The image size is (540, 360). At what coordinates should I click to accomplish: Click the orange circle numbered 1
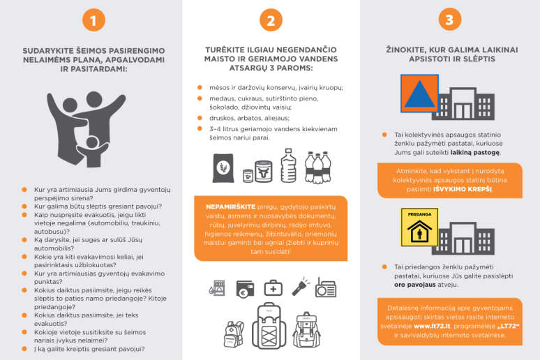pyautogui.click(x=93, y=20)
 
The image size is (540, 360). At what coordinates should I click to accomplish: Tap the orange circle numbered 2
pyautogui.click(x=271, y=20)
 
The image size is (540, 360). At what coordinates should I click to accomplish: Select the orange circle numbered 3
pyautogui.click(x=450, y=20)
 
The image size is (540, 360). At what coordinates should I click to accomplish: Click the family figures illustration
pyautogui.click(x=87, y=129)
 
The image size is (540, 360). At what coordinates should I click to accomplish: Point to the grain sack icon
pyautogui.click(x=223, y=168)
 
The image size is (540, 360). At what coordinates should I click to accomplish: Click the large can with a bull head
pyautogui.click(x=264, y=171)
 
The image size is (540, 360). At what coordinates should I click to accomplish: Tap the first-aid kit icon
pyautogui.click(x=273, y=288)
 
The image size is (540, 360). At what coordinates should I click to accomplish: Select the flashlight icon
pyautogui.click(x=300, y=287)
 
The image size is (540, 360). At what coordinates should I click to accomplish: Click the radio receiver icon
pyautogui.click(x=326, y=288)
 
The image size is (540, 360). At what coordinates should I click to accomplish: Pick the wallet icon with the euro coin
pyautogui.click(x=245, y=289)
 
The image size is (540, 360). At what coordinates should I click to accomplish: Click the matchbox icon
pyautogui.click(x=217, y=288)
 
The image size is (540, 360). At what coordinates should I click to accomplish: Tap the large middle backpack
pyautogui.click(x=269, y=326)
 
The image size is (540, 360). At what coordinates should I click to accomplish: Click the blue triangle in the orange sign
pyautogui.click(x=419, y=93)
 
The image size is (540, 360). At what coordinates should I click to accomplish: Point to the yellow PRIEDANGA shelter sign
pyautogui.click(x=419, y=227)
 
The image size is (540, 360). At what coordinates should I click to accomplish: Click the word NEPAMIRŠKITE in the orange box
pyautogui.click(x=231, y=207)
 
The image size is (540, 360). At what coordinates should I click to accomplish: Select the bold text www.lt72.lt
pyautogui.click(x=432, y=327)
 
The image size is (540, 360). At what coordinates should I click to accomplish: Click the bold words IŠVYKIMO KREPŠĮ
pyautogui.click(x=463, y=189)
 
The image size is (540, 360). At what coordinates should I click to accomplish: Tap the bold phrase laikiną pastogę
pyautogui.click(x=475, y=152)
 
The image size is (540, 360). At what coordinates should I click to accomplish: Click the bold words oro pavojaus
pyautogui.click(x=415, y=285)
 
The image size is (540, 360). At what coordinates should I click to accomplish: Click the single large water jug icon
pyautogui.click(x=289, y=165)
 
